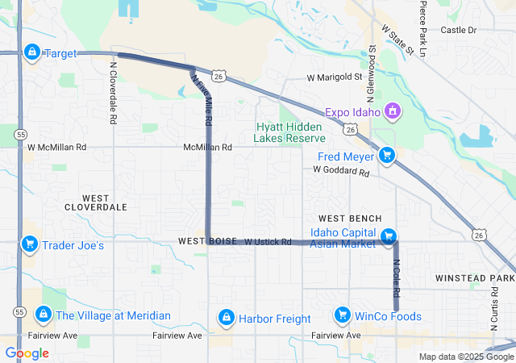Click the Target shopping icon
tap(31, 53)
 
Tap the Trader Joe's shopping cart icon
tap(30, 244)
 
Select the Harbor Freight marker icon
tap(227, 318)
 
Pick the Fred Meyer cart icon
tap(387, 156)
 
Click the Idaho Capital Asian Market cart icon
tap(389, 236)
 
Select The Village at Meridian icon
tap(43, 315)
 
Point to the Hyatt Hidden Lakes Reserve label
tap(289, 132)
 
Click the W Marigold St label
tap(335, 77)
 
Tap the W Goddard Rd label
tap(341, 171)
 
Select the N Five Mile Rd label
tap(202, 98)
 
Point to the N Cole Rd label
tap(396, 277)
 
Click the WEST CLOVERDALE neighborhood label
tap(105, 202)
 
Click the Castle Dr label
tap(459, 30)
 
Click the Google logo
tap(27, 353)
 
